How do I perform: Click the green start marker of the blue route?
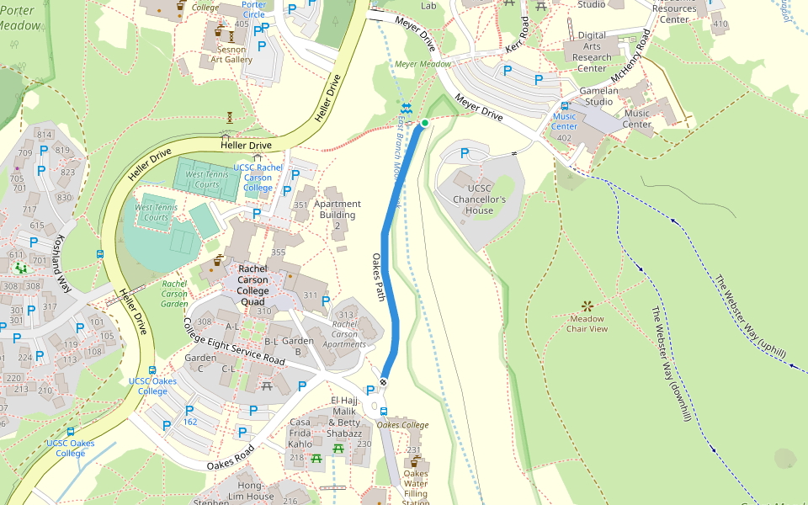pyautogui.click(x=425, y=124)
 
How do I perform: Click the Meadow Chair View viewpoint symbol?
pyautogui.click(x=587, y=306)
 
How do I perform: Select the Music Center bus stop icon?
pyautogui.click(x=564, y=106)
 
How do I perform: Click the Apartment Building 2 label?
pyautogui.click(x=337, y=215)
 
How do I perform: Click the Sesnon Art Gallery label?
pyautogui.click(x=226, y=55)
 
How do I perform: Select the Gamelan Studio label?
pyautogui.click(x=598, y=96)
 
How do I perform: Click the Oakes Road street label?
pyautogui.click(x=229, y=459)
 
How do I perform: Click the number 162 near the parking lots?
pyautogui.click(x=190, y=421)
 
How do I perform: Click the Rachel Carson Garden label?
pyautogui.click(x=174, y=294)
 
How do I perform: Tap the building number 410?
pyautogui.click(x=720, y=24)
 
